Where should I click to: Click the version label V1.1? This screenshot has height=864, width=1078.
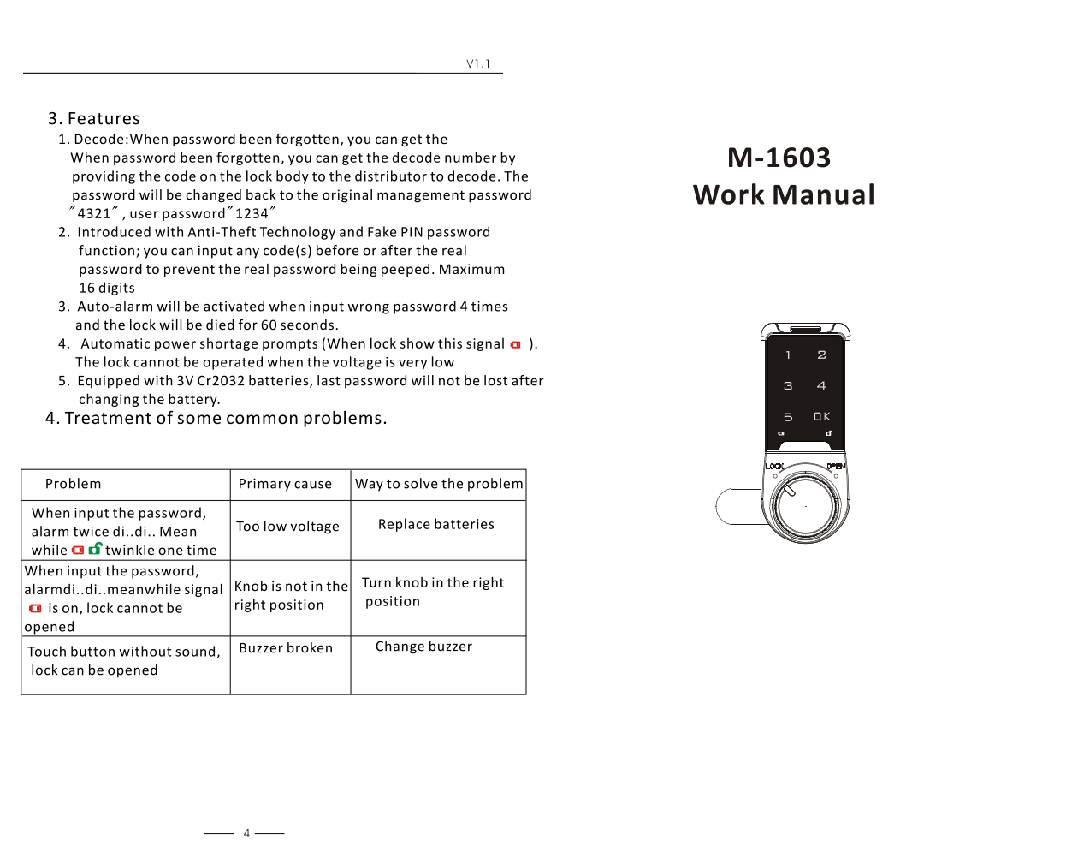coord(478,64)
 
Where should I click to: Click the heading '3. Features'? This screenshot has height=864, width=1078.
coord(94,119)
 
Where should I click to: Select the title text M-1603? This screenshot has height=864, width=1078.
coord(779,158)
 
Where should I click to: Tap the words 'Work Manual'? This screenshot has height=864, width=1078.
coord(784,195)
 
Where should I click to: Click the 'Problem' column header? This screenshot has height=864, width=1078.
coord(73,484)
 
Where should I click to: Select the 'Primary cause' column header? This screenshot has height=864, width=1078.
coord(285,484)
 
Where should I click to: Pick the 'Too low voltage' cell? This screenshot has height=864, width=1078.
coord(287,527)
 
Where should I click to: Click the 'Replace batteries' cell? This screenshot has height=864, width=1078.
coord(436,524)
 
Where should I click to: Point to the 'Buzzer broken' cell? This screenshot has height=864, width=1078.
coord(286,648)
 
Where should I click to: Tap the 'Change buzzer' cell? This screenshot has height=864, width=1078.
coord(423,647)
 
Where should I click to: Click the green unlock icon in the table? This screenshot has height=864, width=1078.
coord(95,549)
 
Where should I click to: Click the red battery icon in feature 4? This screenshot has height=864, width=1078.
coord(515,344)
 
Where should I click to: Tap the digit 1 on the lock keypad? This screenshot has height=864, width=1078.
coord(788,355)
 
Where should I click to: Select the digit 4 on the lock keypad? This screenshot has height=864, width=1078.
coord(821,385)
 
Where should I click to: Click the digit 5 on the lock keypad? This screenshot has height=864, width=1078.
coord(788,417)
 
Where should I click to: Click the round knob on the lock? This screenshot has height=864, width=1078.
coord(805,505)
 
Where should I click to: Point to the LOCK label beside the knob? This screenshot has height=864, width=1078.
coord(774,467)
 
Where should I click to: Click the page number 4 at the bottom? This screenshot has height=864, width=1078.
coord(246,833)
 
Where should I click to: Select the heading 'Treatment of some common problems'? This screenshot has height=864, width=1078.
coord(216,419)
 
